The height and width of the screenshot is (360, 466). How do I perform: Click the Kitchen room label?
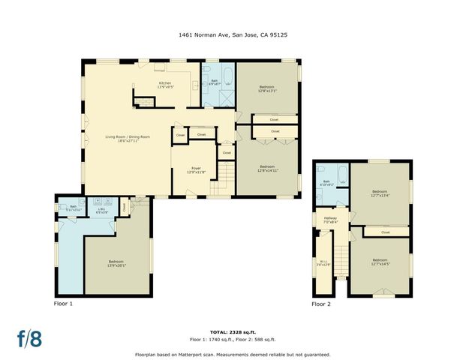tap(165, 85)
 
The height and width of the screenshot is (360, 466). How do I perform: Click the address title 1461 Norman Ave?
tap(233, 34)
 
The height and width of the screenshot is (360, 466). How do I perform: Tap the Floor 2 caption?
tap(321, 304)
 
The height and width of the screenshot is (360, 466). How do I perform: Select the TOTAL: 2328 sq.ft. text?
tap(233, 331)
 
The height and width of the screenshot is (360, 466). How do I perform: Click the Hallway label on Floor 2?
tap(330, 220)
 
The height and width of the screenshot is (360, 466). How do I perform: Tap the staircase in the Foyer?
tap(218, 187)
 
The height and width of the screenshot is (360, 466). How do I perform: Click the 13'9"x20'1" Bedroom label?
tap(116, 263)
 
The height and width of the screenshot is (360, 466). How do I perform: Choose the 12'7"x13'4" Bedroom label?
tap(380, 193)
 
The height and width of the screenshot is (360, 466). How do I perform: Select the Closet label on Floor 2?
tap(385, 232)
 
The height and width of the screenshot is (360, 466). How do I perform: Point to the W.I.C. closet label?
tap(323, 262)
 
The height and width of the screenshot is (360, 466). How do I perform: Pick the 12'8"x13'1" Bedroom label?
tap(268, 88)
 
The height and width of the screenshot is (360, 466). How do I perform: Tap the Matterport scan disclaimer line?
tap(233, 353)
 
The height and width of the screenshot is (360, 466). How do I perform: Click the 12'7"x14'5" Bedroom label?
tap(380, 262)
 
